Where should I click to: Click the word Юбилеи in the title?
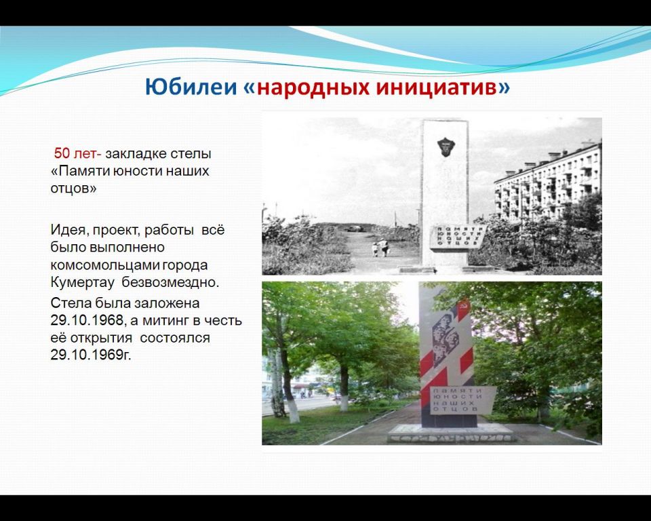tap(191, 88)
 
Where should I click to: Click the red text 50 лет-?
tap(77, 153)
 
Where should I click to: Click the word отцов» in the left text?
tap(73, 189)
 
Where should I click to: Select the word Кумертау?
tap(83, 282)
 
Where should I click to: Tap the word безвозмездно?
tap(170, 282)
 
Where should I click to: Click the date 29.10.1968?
tap(87, 320)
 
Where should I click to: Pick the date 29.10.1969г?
tap(90, 355)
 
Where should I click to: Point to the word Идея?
tap(69, 230)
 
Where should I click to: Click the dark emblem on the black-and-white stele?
tap(446, 147)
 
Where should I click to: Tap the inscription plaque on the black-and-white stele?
tap(457, 237)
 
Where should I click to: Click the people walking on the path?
tap(380, 247)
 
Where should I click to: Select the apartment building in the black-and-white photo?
tap(548, 182)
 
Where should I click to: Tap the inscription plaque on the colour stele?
tap(462, 400)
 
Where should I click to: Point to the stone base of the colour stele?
tap(450, 433)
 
